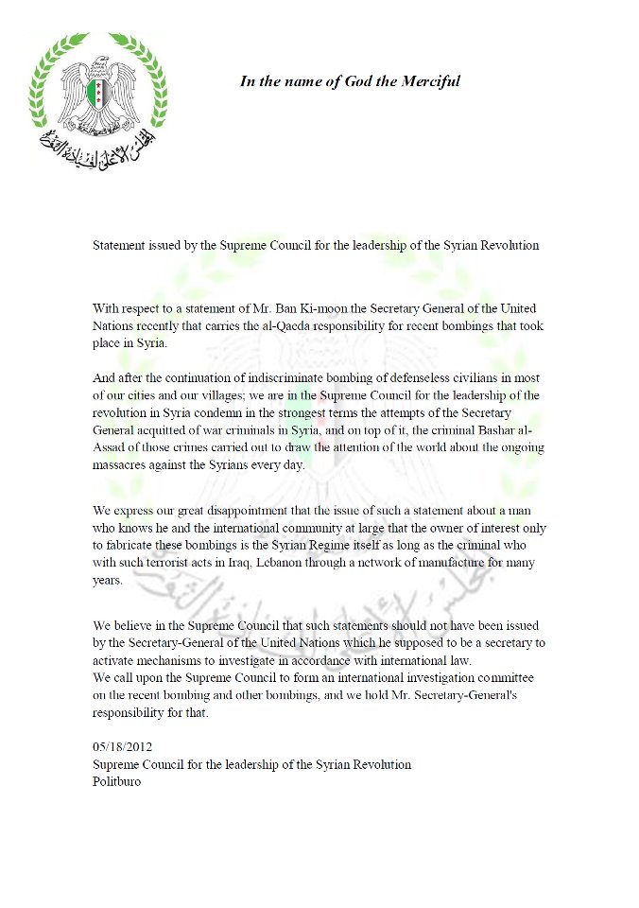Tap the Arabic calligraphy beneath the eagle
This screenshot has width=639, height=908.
(98, 147)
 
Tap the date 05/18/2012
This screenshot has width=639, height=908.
(121, 746)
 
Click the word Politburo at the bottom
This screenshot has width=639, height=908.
(117, 782)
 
